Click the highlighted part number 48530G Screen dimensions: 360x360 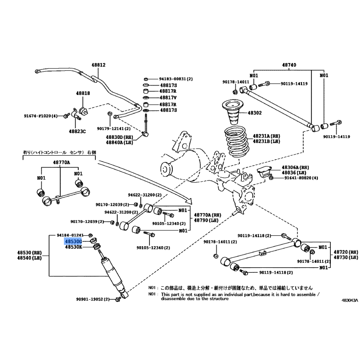(73, 241)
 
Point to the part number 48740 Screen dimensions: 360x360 (289, 65)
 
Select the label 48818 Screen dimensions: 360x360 (83, 93)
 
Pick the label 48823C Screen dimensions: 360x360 (77, 131)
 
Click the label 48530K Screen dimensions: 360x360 (73, 247)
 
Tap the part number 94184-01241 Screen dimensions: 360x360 (70, 235)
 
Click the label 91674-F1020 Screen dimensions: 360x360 (41, 116)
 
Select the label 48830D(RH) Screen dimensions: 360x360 (120, 137)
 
